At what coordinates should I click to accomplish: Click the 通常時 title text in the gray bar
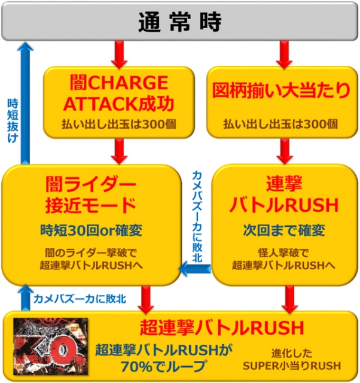(179, 22)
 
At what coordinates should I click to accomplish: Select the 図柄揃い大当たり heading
(281, 92)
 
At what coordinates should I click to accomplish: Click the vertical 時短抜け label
(11, 120)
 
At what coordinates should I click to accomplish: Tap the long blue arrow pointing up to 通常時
(25, 102)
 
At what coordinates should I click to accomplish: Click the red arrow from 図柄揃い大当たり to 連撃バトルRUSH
(281, 150)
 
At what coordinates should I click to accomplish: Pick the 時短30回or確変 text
(91, 230)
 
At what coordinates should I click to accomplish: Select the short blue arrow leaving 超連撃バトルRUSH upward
(25, 297)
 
